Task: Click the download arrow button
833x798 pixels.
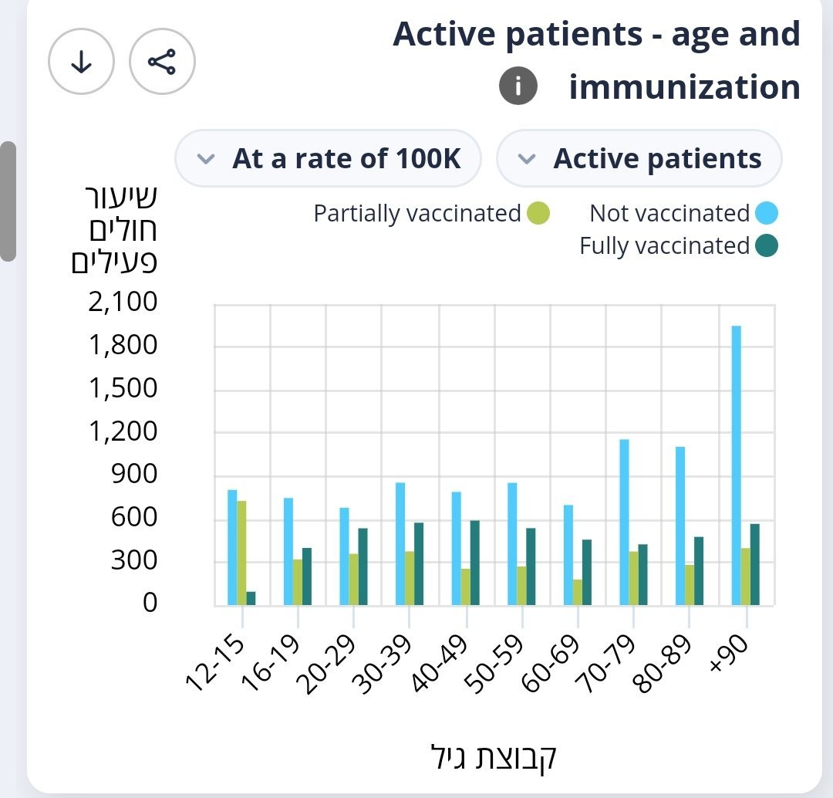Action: pos(81,62)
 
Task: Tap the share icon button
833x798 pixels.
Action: pos(162,62)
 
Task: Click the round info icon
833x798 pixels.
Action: pos(518,86)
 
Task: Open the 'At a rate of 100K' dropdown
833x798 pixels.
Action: pos(329,159)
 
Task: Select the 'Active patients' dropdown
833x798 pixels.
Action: pos(639,159)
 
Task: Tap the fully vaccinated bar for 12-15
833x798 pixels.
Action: pos(251,598)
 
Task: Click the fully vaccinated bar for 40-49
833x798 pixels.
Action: pos(474,563)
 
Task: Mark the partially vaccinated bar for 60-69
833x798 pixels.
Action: pos(578,592)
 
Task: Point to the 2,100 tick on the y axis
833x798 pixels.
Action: pos(123,302)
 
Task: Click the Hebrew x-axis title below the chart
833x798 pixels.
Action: pos(492,756)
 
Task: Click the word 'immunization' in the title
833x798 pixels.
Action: pos(684,86)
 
